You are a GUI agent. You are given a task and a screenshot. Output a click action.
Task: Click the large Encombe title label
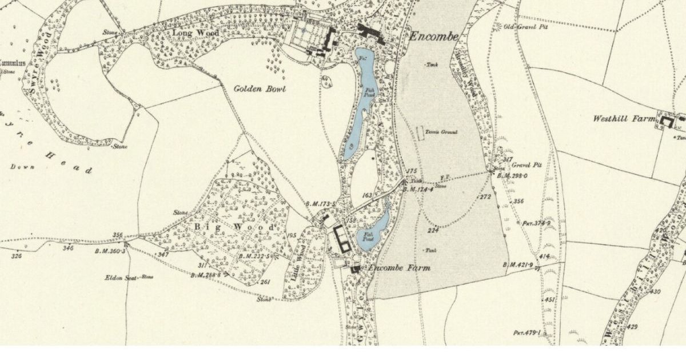pos(434,37)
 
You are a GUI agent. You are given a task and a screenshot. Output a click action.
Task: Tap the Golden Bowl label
pos(260,89)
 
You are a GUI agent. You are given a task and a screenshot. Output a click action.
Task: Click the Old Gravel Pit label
pos(521,27)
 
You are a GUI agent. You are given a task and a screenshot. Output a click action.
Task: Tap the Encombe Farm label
pos(398,268)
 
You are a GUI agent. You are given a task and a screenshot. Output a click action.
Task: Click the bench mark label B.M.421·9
pos(518,263)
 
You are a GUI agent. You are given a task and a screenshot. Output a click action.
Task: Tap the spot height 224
pos(433,230)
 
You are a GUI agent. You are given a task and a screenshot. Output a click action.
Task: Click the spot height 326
pos(16,255)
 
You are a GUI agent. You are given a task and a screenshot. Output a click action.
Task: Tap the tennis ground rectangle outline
pos(421,133)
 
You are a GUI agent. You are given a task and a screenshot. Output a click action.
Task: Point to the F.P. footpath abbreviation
pos(444,177)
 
